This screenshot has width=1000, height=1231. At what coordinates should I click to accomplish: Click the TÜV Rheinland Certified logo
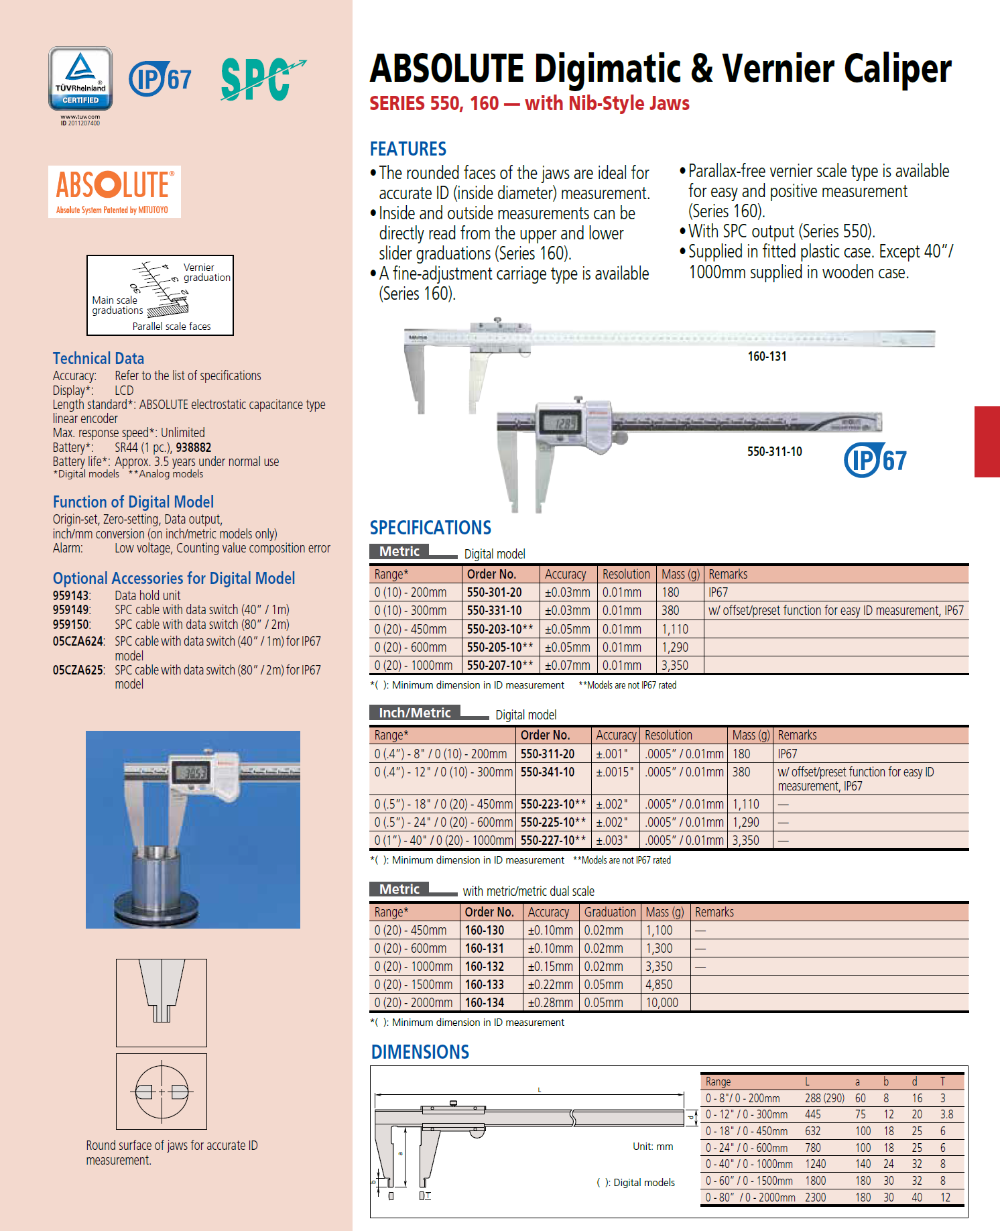(x=80, y=79)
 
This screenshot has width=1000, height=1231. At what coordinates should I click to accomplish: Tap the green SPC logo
(x=261, y=79)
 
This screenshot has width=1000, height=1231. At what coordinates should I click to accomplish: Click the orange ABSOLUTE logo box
(x=115, y=192)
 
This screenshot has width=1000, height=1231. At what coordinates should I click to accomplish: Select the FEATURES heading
(x=408, y=149)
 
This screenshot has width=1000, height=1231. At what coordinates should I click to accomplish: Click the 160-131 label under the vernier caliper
(x=767, y=357)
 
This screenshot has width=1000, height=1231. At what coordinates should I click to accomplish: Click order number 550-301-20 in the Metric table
(x=494, y=593)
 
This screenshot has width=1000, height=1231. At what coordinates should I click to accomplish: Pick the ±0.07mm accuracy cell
(x=567, y=666)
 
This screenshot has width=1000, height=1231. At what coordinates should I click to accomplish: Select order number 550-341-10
(x=548, y=772)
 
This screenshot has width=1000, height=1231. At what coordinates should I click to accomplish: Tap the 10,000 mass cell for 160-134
(x=662, y=1003)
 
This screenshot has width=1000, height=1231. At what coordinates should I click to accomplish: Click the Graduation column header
(x=609, y=913)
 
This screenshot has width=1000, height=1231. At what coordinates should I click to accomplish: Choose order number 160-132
(x=485, y=967)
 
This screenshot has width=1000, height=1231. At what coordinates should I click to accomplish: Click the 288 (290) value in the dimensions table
(x=824, y=1098)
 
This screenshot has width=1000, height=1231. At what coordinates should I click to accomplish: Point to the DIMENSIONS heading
(x=420, y=1052)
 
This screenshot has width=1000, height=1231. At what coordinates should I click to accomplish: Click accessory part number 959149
(x=71, y=610)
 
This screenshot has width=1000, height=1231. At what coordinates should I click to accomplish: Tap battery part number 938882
(x=194, y=448)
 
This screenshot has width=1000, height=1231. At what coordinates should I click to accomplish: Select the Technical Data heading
(x=99, y=359)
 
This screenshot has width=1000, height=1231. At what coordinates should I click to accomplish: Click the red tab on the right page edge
(x=987, y=441)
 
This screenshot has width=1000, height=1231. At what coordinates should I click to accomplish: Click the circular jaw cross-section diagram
(x=162, y=1092)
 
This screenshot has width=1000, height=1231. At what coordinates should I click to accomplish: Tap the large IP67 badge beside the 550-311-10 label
(x=875, y=460)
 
